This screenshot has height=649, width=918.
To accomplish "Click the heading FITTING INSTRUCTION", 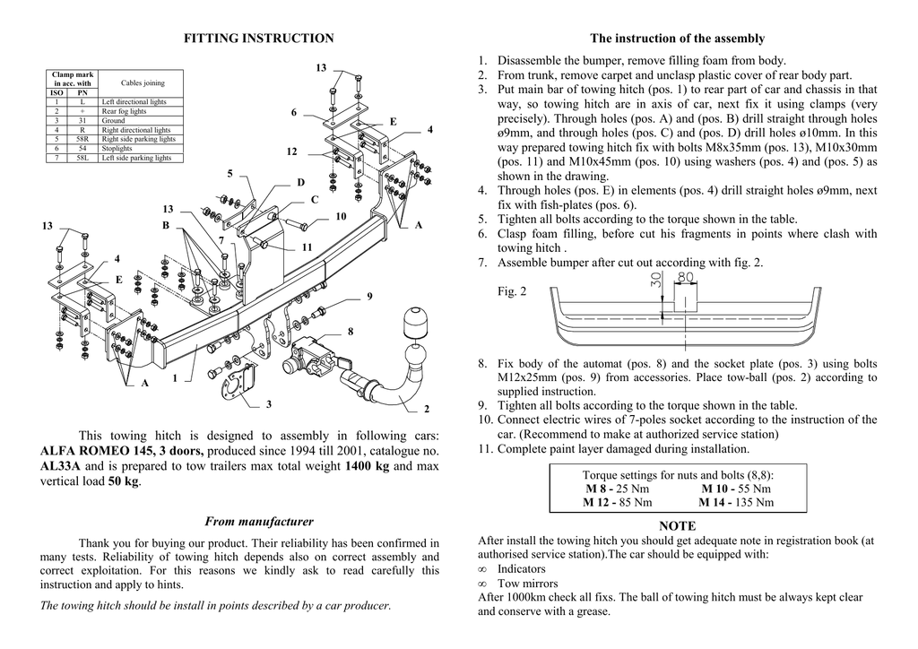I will coord(258,39).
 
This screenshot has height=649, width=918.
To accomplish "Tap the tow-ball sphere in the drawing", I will coord(419,322).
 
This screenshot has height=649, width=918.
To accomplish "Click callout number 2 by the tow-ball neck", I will coord(427,410).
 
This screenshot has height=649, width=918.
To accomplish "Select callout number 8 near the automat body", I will coord(351,332).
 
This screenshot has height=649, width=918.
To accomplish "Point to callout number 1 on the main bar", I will coord(176,379).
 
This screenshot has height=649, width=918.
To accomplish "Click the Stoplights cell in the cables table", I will coord(117,148).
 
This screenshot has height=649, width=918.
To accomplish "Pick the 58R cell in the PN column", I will coord(82,139).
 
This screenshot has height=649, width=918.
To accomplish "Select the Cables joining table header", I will coord(142,82).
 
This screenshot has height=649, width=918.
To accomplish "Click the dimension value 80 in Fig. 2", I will coord(686,278).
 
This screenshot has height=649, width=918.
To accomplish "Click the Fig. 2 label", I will coord(512,291).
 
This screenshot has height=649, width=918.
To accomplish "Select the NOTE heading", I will coord(677,526).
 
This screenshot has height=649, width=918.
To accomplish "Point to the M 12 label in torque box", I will coord(598,503).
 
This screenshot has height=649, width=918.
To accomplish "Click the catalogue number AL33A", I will coord(61,466).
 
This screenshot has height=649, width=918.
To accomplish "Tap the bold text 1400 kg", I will coord(368,466).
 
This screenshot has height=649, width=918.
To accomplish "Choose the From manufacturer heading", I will coord(259,521).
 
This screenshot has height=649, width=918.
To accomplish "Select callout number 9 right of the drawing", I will coord(369,297).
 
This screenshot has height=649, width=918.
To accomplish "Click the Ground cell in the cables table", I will coord(114,120).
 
